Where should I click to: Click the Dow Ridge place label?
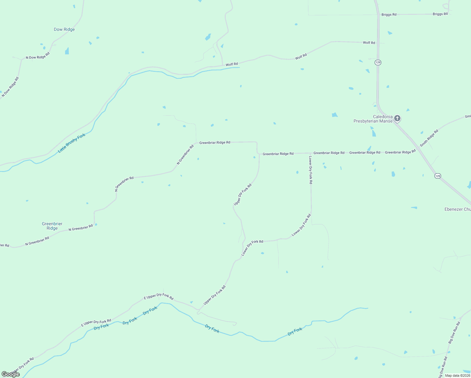point(64,29)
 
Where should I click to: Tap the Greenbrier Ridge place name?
point(52,226)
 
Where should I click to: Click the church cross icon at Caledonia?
point(397,118)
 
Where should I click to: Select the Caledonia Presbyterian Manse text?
point(373,119)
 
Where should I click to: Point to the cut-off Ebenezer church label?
point(457,209)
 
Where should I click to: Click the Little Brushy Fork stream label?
point(72,143)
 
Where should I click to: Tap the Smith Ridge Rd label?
point(429,138)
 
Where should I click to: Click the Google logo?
point(11,374)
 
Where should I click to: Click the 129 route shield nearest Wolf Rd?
point(378,62)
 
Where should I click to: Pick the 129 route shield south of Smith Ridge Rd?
point(438,176)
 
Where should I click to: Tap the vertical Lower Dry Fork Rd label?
point(310,170)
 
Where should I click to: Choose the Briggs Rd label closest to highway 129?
point(389,14)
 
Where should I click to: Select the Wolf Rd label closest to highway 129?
point(369,43)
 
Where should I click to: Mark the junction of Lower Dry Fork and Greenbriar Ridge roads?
point(311,153)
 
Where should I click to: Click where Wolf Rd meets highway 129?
point(378,43)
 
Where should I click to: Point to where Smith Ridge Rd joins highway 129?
point(420,147)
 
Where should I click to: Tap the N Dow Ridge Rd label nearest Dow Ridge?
point(38,55)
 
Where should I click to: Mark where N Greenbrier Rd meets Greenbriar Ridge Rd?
point(196,143)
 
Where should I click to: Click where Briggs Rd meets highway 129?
point(378,14)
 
